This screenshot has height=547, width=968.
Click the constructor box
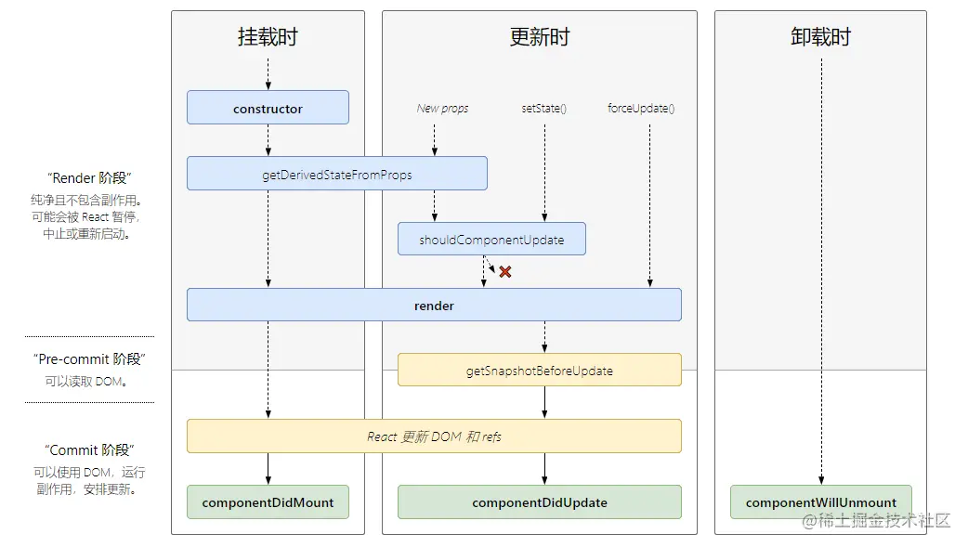point(268,108)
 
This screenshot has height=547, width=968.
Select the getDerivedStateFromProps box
point(336,174)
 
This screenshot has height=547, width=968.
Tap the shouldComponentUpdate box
point(491,240)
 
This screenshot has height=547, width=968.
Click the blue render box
point(434,306)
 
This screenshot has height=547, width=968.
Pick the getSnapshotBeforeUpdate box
point(539,371)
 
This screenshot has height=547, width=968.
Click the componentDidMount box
point(268,502)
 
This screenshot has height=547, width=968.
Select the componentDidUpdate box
point(539,502)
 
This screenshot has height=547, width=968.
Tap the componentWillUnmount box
point(820,502)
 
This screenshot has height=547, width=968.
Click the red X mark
point(505,272)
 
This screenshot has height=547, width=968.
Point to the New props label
point(442,109)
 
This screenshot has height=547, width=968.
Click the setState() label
point(544,109)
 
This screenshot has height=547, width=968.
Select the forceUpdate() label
point(641,109)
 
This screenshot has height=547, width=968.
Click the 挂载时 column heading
point(268,38)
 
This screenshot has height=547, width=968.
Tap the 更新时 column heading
point(539,38)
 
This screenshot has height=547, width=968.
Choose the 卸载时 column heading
point(820,38)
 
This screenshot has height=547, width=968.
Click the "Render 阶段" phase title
point(88,178)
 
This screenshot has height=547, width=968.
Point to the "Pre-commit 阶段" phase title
point(89,359)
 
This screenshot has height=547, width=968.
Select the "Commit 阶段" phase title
point(89,450)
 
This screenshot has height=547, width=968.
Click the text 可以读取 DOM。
point(85,381)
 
